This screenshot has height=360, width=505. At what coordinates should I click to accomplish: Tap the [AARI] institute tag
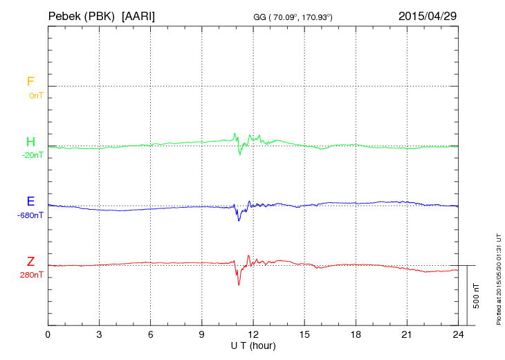(x=138, y=15)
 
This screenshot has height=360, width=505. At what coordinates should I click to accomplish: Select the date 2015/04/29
(x=428, y=15)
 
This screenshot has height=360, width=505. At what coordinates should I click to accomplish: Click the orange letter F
(x=30, y=82)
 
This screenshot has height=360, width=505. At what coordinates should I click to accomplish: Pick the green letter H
(x=30, y=142)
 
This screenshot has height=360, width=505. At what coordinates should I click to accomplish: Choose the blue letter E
(x=30, y=202)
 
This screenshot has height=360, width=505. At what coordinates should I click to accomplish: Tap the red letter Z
(x=30, y=262)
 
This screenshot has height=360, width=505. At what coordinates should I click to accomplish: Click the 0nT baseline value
(x=36, y=95)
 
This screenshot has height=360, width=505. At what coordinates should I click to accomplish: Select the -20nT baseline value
(x=33, y=155)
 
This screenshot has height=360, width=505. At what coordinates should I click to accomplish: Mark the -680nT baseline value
(x=30, y=215)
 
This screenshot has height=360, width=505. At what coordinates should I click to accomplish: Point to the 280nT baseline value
(x=33, y=275)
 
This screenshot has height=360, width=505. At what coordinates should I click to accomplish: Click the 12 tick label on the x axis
(x=253, y=334)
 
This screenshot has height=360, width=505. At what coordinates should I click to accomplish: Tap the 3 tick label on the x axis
(x=100, y=334)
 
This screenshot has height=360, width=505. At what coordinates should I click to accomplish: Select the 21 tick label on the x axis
(x=407, y=334)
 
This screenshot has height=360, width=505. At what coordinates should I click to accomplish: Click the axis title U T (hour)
(x=253, y=345)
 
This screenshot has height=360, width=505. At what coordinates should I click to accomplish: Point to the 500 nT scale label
(x=477, y=296)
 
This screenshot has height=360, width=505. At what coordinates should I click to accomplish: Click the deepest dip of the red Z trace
(x=239, y=285)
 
